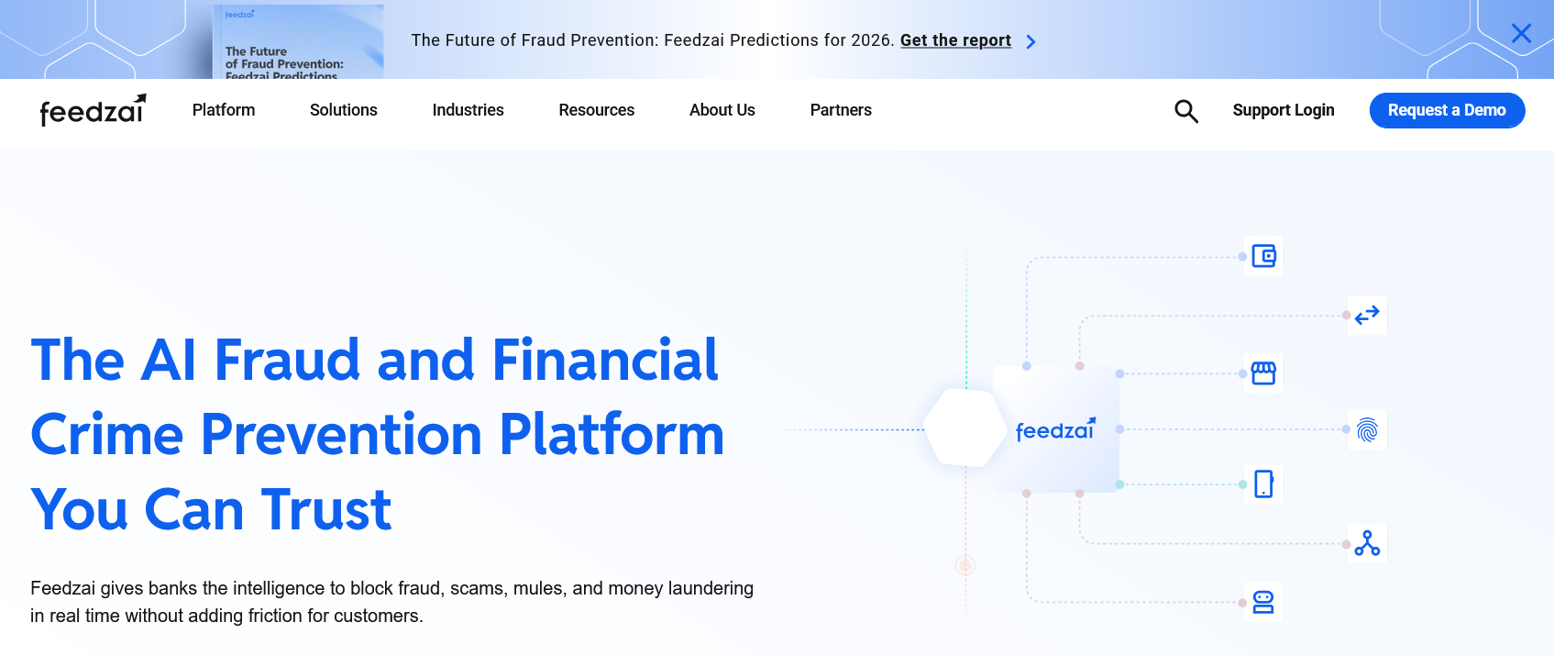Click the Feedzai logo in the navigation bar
click(93, 110)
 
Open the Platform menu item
click(224, 110)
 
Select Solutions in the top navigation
click(344, 110)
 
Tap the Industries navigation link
click(468, 110)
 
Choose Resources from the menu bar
click(597, 110)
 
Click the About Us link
click(722, 110)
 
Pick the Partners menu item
click(841, 110)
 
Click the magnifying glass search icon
click(1186, 111)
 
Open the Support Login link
click(1284, 110)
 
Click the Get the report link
click(955, 40)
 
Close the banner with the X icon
click(1521, 33)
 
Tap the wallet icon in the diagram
click(1263, 256)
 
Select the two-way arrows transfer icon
click(1367, 316)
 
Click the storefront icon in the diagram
click(1263, 373)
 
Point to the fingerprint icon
click(1367, 430)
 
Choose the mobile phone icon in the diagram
click(1263, 484)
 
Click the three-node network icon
click(1367, 543)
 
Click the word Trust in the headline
click(326, 509)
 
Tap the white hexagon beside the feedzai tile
click(964, 428)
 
